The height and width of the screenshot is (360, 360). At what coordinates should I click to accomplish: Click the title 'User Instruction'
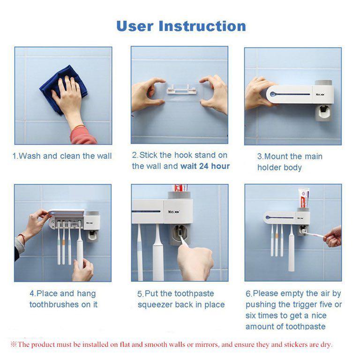[x=180, y=26]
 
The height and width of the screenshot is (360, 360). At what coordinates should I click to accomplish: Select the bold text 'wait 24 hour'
[x=205, y=166]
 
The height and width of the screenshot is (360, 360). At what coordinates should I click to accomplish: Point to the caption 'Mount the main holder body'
[x=289, y=162]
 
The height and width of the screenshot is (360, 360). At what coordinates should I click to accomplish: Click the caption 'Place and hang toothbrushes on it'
[x=63, y=299]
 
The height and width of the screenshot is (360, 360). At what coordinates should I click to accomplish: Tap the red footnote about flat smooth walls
[x=171, y=345]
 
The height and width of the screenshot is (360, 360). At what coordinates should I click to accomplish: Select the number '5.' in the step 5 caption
[x=140, y=294]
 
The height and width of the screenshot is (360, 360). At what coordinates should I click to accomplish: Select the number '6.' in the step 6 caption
[x=249, y=294]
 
